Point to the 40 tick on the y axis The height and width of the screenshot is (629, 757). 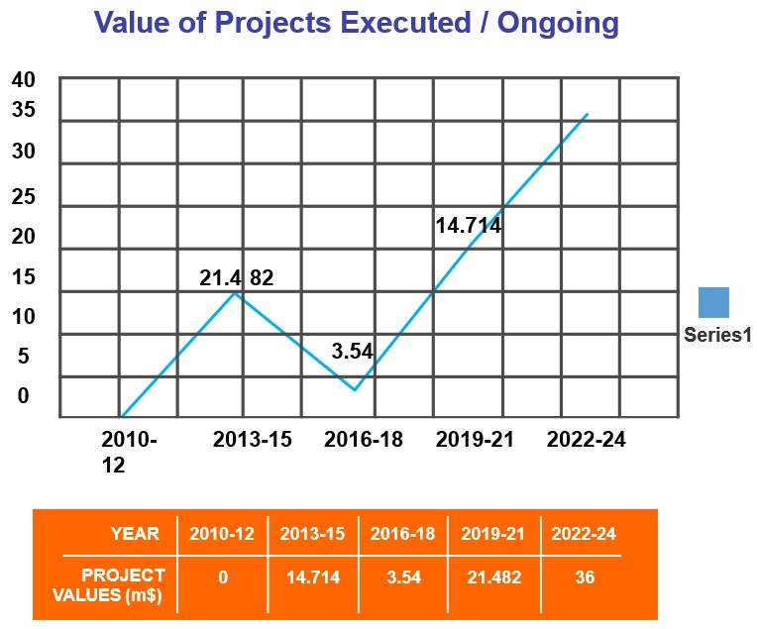pyautogui.click(x=23, y=79)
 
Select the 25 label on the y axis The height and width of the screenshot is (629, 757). pyautogui.click(x=23, y=196)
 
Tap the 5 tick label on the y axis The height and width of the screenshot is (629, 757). pyautogui.click(x=23, y=355)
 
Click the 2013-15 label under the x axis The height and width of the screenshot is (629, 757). pyautogui.click(x=253, y=440)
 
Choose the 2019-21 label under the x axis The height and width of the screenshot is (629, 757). pyautogui.click(x=475, y=440)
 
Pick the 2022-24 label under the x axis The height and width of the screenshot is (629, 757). pyautogui.click(x=587, y=440)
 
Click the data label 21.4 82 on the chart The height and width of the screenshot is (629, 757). pyautogui.click(x=236, y=278)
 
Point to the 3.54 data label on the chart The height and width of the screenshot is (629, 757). pyautogui.click(x=352, y=351)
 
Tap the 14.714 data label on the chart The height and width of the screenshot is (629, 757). pyautogui.click(x=468, y=226)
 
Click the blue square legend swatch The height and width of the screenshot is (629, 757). pyautogui.click(x=713, y=302)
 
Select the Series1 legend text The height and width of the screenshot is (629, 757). pyautogui.click(x=718, y=335)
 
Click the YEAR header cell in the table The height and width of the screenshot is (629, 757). pyautogui.click(x=135, y=534)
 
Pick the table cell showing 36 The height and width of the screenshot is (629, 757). pyautogui.click(x=585, y=577)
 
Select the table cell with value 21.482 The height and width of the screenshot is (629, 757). pyautogui.click(x=493, y=577)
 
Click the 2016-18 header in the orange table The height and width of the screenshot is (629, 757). pyautogui.click(x=403, y=534)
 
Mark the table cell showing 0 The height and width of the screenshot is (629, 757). pyautogui.click(x=223, y=577)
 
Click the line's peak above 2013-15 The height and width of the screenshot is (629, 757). pyautogui.click(x=235, y=292)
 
